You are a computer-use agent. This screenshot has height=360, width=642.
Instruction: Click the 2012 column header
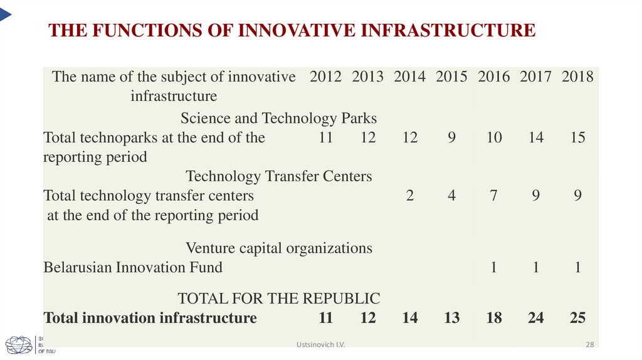325,77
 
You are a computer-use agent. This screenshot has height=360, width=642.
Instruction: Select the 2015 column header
451,77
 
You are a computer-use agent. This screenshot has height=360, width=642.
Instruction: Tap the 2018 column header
577,77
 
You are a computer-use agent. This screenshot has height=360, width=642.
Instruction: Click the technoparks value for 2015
451,137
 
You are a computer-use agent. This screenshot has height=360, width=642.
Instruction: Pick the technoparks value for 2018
577,137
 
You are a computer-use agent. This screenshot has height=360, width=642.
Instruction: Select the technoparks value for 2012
325,137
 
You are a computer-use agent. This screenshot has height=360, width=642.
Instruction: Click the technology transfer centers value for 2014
410,196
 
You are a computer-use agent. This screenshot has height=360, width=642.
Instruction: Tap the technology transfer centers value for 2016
494,196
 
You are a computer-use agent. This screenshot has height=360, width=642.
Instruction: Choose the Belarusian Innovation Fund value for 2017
536,268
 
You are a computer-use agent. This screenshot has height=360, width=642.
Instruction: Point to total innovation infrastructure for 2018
577,318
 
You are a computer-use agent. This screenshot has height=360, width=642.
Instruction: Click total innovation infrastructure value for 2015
451,318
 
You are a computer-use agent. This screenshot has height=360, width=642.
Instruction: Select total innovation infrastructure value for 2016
494,318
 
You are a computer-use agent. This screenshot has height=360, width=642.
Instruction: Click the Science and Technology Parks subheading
278,118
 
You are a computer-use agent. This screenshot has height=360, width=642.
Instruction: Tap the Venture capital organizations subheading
279,248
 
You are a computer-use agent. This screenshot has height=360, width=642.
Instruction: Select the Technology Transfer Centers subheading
279,176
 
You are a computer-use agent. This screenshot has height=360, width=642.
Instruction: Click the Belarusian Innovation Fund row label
133,268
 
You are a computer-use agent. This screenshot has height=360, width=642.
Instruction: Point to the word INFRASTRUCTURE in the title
447,30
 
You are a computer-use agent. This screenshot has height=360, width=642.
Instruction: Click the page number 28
589,345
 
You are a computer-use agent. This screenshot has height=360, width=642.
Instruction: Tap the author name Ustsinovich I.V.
321,345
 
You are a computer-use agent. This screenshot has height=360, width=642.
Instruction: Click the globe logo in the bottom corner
19,345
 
